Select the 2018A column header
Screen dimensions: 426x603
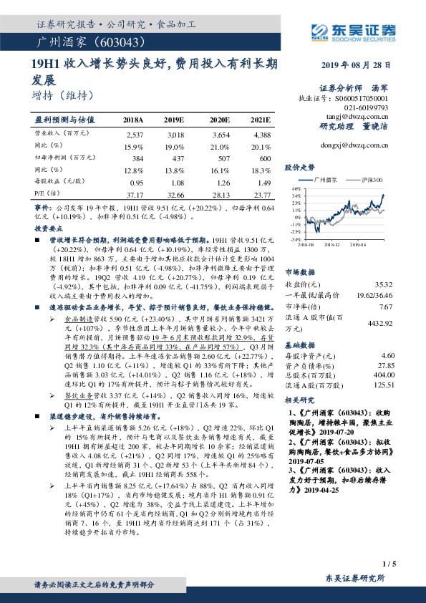133,120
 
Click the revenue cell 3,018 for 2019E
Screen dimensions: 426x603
175,134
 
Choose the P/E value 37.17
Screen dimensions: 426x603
135,194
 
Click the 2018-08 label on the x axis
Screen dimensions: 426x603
306,243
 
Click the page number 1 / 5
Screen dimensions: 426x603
389,564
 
